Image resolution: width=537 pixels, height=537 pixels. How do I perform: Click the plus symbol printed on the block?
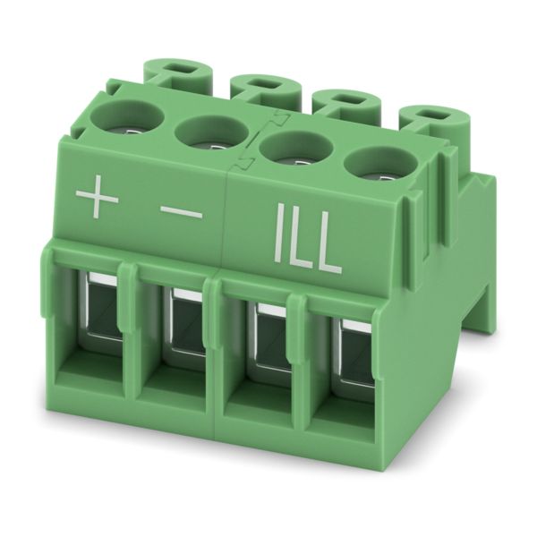(x=97, y=197)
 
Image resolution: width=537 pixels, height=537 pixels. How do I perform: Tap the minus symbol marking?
(x=181, y=214)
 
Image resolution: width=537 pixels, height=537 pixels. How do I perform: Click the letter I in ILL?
(x=279, y=234)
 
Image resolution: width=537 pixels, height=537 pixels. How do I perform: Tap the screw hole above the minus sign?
(x=211, y=134)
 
